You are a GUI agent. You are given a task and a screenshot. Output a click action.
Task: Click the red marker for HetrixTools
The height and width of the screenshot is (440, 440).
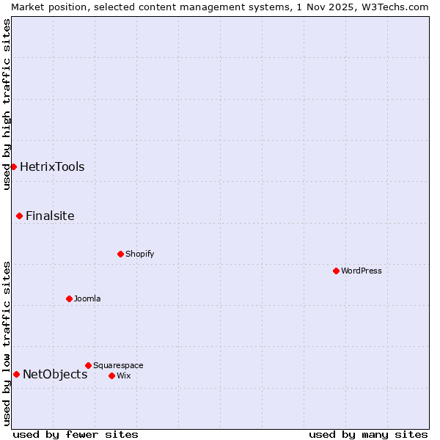[13, 166]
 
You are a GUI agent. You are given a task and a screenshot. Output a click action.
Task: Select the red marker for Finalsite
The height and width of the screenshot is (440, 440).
[19, 216]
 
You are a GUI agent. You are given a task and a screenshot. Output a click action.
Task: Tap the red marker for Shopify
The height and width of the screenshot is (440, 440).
[120, 254]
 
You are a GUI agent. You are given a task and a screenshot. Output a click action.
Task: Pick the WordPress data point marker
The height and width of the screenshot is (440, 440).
[336, 271]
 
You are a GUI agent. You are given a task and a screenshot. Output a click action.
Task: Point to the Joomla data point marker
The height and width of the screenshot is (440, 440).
[69, 298]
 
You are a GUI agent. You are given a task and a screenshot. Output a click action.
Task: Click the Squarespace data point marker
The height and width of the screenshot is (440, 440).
[88, 365]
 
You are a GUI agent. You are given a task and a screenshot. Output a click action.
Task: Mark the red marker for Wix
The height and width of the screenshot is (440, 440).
[111, 375]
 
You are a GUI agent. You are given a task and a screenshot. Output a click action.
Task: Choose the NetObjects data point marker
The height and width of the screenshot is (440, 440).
[16, 374]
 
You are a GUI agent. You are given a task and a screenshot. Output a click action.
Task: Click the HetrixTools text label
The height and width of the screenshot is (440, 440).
[52, 166]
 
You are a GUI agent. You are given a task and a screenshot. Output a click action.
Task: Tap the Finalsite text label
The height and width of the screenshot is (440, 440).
[50, 216]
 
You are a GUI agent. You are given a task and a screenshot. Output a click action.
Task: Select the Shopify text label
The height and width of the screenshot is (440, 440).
[139, 254]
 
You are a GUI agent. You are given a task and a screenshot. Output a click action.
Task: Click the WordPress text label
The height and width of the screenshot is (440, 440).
[361, 271]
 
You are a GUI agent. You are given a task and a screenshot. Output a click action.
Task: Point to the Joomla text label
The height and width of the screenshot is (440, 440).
[87, 298]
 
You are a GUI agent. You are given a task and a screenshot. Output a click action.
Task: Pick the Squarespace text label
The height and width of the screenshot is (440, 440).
[118, 365]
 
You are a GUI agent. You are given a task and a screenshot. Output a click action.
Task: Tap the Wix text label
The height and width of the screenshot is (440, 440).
[124, 375]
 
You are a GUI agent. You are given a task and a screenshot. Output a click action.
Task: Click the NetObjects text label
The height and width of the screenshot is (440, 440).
[55, 374]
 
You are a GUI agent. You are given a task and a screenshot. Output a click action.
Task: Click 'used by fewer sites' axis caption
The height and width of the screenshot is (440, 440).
[76, 434]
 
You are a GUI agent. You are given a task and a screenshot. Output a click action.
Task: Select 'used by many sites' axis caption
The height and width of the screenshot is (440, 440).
[368, 434]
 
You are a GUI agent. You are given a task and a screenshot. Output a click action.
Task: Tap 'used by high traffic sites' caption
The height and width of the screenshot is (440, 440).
[7, 104]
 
